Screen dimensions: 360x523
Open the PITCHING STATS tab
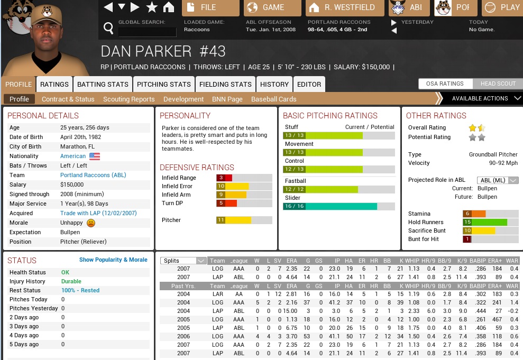tap(164, 84)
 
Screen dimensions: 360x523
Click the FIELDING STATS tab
tap(225, 84)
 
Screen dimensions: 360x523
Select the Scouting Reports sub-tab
tap(129, 99)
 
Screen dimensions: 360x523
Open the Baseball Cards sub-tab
tap(273, 99)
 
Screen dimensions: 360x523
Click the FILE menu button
tap(210, 7)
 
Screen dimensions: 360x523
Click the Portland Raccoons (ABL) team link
tap(93, 175)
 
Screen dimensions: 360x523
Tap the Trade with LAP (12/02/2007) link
tap(98, 213)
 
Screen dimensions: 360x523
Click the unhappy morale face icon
tap(91, 223)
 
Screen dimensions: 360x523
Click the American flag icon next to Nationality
tap(95, 156)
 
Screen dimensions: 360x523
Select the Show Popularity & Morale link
tap(113, 260)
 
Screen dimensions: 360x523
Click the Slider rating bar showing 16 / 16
tap(330, 206)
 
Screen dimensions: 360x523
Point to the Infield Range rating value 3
tap(221, 178)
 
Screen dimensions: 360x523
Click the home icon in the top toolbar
tap(169, 7)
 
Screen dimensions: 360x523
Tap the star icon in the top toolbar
tap(152, 7)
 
